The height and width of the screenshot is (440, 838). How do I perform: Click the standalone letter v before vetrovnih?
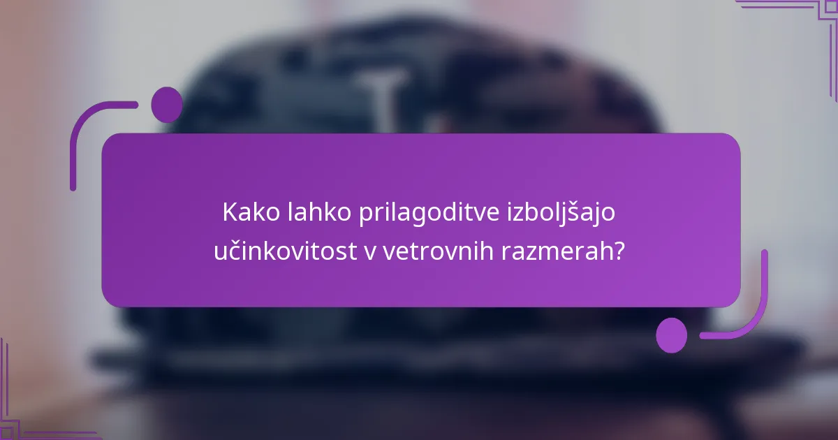click(x=369, y=252)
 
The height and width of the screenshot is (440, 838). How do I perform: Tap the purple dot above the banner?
click(x=167, y=104)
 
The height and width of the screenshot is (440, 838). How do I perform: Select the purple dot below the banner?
click(x=672, y=335)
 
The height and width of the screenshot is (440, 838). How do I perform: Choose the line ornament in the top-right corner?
click(x=796, y=14)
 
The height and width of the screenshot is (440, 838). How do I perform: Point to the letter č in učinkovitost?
click(x=231, y=251)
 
